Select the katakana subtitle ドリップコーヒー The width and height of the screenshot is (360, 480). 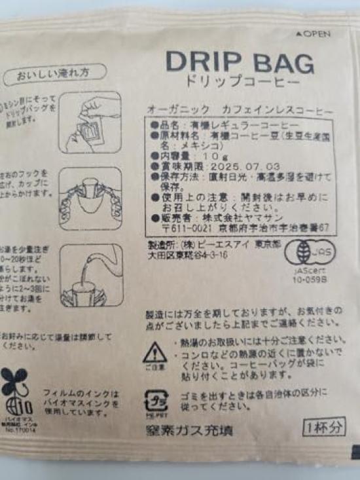240,84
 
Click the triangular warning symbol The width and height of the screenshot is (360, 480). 155,354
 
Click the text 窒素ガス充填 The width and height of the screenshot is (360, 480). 189,432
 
